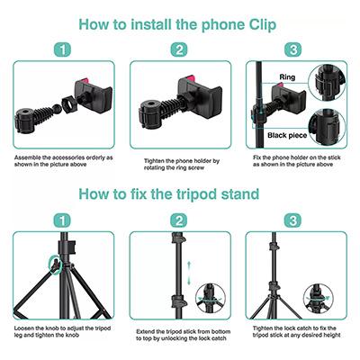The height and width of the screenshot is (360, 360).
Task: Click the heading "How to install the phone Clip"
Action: (x=177, y=24)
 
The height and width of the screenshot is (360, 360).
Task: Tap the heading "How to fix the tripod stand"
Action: (x=169, y=194)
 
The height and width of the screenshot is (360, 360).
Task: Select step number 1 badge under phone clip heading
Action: (x=62, y=49)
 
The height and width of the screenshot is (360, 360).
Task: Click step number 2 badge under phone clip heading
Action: (x=179, y=49)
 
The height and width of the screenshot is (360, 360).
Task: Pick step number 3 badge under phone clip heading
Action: (x=292, y=49)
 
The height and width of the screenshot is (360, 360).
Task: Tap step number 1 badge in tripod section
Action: (x=62, y=221)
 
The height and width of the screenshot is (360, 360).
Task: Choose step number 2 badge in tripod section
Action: (x=179, y=221)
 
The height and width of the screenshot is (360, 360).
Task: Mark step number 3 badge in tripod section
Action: (x=292, y=221)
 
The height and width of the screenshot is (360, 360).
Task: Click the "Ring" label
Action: (x=287, y=77)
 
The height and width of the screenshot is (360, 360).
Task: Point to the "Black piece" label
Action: (x=287, y=136)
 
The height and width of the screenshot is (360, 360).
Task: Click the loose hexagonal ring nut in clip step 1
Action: (x=69, y=103)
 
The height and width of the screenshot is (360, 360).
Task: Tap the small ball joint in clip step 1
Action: (x=56, y=109)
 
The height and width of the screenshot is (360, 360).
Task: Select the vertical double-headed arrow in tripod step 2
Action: (x=189, y=273)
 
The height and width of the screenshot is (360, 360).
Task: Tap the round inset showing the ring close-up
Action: (x=327, y=83)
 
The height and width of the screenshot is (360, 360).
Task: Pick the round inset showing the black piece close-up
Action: (x=327, y=127)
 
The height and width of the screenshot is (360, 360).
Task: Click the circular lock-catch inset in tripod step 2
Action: (x=211, y=298)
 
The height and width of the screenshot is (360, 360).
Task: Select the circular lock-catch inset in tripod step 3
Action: (x=318, y=298)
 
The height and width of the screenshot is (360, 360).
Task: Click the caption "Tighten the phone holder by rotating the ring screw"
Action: (x=182, y=165)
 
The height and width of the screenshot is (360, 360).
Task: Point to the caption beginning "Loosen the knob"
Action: (x=62, y=331)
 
